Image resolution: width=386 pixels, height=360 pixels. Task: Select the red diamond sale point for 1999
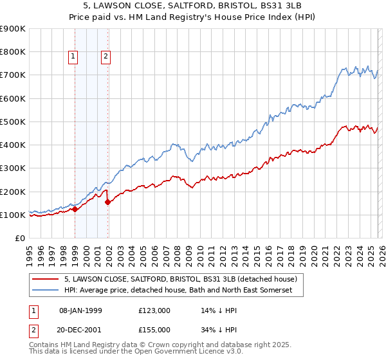tap(75, 209)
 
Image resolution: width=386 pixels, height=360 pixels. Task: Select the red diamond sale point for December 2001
tap(107, 202)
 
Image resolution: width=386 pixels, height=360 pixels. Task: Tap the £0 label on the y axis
tap(19, 238)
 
